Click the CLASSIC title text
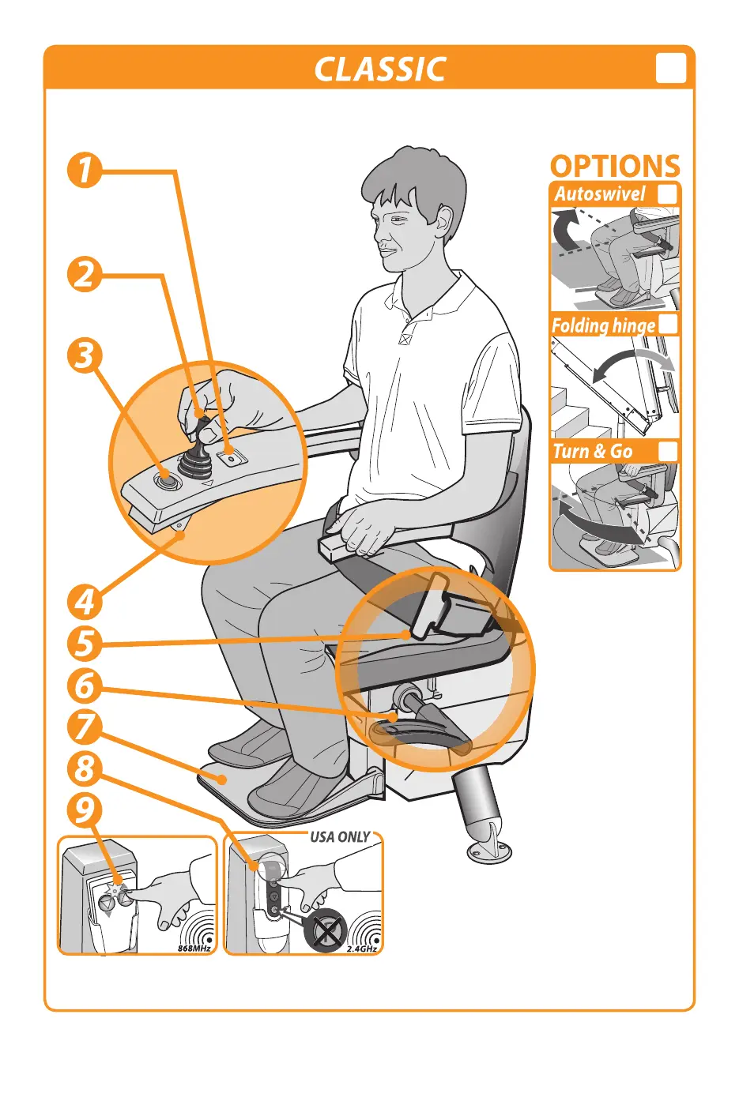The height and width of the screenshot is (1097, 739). click(x=380, y=69)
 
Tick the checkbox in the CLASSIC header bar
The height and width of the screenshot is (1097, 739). click(x=670, y=68)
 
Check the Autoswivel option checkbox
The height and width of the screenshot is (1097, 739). click(x=667, y=194)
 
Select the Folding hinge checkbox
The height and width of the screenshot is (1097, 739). click(x=667, y=324)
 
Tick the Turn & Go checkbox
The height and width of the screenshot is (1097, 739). click(x=667, y=450)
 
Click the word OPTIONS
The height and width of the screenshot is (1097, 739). click(x=615, y=166)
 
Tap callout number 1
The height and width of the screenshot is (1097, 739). click(x=85, y=170)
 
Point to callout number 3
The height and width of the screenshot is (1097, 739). click(x=85, y=355)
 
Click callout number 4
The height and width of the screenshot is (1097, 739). click(x=85, y=601)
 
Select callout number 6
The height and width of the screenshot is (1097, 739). click(x=85, y=685)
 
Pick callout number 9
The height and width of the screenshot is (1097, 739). click(x=85, y=810)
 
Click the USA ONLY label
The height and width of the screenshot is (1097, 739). click(x=340, y=836)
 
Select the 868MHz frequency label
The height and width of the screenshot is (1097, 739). click(x=194, y=948)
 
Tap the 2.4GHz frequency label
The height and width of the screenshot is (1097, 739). click(x=362, y=949)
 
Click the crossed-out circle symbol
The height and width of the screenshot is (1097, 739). click(x=326, y=928)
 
